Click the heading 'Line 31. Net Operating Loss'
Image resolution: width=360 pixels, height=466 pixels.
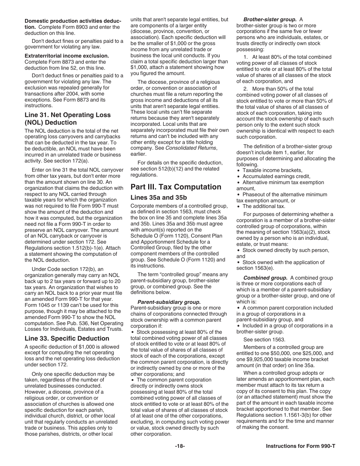coord(67,115)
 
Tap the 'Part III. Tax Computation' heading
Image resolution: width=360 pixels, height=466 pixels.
coord(176,187)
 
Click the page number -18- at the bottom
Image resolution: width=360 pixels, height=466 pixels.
coord(180,446)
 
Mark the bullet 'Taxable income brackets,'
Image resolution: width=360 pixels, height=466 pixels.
coord(272,170)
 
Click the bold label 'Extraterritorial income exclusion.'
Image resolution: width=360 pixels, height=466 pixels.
coord(67,56)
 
